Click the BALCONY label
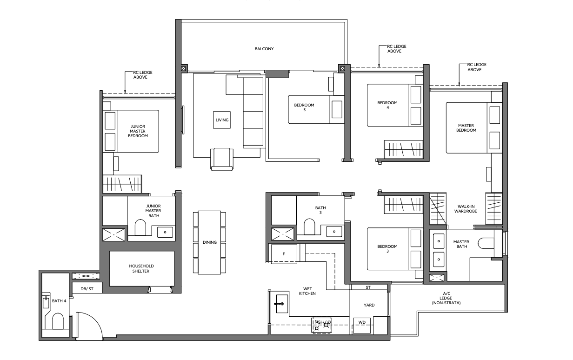(x=264, y=49)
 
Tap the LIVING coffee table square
(x=222, y=120)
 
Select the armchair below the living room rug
(x=222, y=159)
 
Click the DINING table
(x=209, y=242)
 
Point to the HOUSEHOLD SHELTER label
(x=141, y=268)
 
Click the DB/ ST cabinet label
(x=87, y=289)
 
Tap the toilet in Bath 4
(x=58, y=321)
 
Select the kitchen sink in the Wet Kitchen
(x=282, y=304)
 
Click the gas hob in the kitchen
(x=321, y=325)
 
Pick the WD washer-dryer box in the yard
(x=362, y=326)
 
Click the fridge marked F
(x=284, y=253)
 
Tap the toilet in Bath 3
(x=309, y=227)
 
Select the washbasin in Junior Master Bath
(x=165, y=232)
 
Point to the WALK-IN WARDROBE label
(x=466, y=209)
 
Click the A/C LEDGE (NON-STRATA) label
(x=446, y=298)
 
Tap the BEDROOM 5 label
(x=304, y=107)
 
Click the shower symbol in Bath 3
(x=282, y=234)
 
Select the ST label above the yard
(x=368, y=287)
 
